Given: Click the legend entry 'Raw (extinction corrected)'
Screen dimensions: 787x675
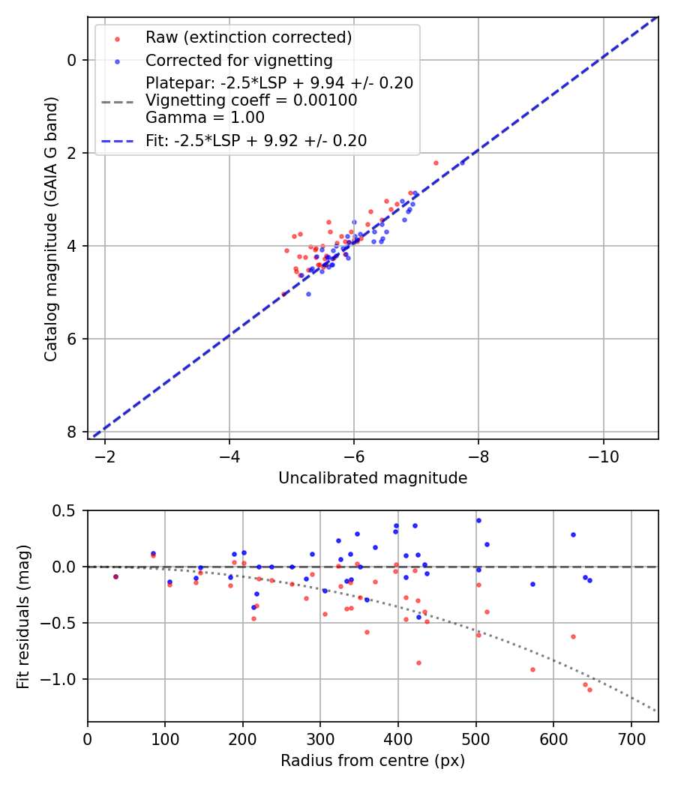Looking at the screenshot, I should pyautogui.click(x=248, y=37).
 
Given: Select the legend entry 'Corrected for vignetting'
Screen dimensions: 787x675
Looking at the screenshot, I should pyautogui.click(x=238, y=60).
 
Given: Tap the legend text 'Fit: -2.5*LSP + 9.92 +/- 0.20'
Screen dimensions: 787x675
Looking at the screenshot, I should pyautogui.click(x=256, y=140).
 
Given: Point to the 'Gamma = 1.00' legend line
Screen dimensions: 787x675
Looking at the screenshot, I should pyautogui.click(x=205, y=117).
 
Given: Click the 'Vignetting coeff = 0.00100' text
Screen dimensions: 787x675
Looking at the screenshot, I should pyautogui.click(x=251, y=100).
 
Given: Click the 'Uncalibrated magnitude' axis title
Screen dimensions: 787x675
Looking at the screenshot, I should pyautogui.click(x=373, y=478).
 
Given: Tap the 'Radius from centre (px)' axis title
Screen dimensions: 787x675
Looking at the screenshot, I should pyautogui.click(x=373, y=761).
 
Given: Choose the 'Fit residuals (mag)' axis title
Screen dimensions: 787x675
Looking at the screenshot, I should pyautogui.click(x=23, y=616).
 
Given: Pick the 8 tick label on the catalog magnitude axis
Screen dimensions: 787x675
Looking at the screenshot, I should pyautogui.click(x=72, y=432).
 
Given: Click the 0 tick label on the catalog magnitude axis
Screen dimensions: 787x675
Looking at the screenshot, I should pyautogui.click(x=72, y=60).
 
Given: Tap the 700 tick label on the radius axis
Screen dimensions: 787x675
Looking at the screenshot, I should pyautogui.click(x=631, y=739).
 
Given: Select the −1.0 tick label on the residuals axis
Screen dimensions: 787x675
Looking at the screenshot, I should pyautogui.click(x=63, y=679).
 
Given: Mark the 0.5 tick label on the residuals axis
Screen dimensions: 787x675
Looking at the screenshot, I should pyautogui.click(x=67, y=510).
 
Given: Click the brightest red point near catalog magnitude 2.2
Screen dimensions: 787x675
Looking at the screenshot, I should pyautogui.click(x=436, y=163).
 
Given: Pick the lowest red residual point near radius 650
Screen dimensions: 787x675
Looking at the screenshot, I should pyautogui.click(x=589, y=690).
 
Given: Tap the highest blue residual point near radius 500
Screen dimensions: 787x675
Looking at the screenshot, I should pyautogui.click(x=478, y=520).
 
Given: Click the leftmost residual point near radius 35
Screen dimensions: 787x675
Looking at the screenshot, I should pyautogui.click(x=115, y=576).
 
